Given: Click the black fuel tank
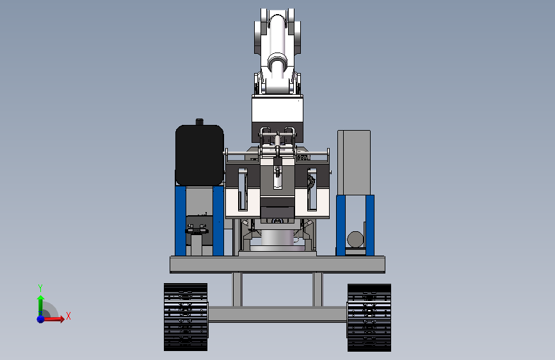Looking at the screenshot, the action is click(x=199, y=155).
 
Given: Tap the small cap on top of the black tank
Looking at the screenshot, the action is click(x=200, y=122).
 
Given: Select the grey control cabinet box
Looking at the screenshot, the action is click(x=354, y=163).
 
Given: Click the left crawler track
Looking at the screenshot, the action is click(x=186, y=317).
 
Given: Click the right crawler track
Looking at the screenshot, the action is click(x=369, y=318).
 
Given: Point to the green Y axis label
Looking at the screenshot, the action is click(x=40, y=288).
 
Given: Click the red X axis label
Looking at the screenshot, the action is click(x=68, y=316).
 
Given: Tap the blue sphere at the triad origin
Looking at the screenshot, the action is click(x=41, y=319).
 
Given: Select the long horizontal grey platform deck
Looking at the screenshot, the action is click(x=278, y=265).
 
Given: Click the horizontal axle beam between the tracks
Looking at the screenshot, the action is click(x=278, y=315).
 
